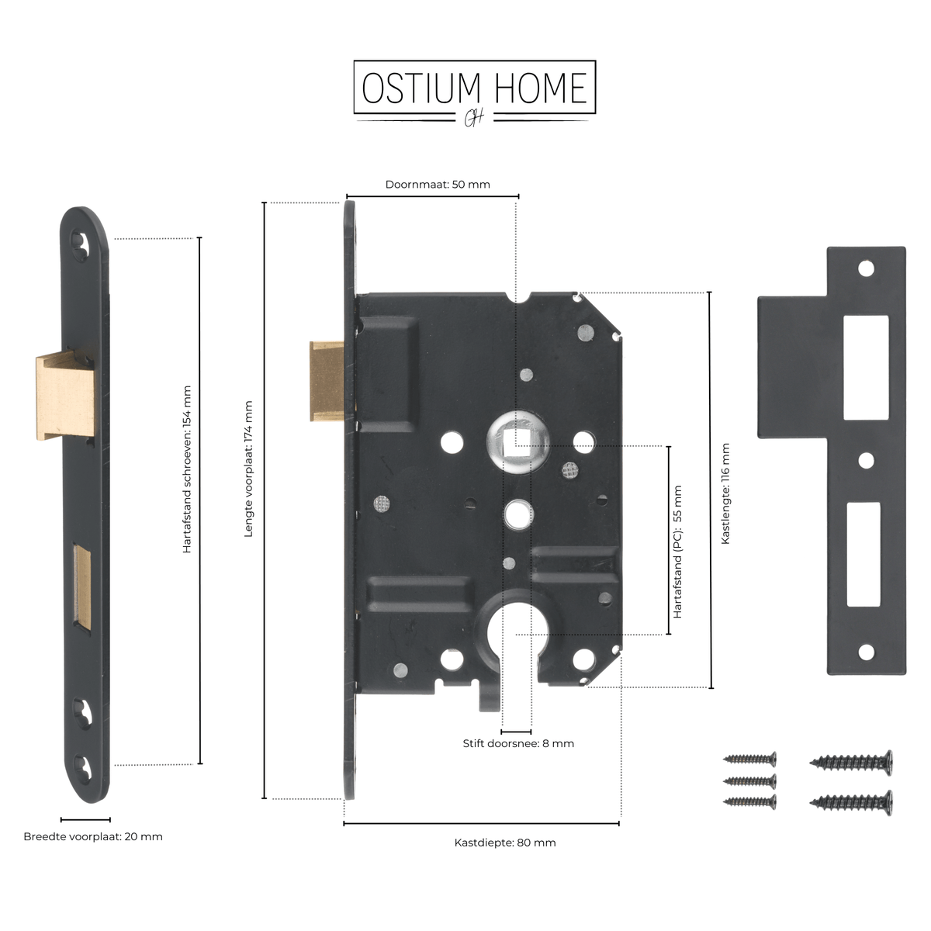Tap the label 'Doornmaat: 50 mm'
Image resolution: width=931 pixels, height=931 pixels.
coord(438,185)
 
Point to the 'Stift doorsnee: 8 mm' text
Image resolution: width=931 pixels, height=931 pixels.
coord(518,743)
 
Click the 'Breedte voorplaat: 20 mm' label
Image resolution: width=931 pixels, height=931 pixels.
coord(93,837)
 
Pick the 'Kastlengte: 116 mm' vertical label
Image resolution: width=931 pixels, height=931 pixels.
coord(725,493)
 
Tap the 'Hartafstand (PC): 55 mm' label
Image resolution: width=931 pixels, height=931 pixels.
coord(677,552)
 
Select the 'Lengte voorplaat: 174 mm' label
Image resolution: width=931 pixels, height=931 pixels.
coord(248,469)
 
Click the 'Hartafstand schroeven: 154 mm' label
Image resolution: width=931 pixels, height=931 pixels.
coord(187,469)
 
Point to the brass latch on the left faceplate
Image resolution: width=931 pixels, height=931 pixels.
coord(66,398)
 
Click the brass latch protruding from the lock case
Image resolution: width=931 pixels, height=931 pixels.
coord(327,382)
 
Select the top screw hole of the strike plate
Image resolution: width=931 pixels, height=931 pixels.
coord(866,268)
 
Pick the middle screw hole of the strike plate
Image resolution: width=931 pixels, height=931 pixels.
coord(866,461)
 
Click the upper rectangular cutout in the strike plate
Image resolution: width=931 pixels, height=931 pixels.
coord(866,368)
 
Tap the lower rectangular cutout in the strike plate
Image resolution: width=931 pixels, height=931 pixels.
coord(864,554)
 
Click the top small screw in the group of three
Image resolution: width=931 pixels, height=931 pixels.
coord(749,759)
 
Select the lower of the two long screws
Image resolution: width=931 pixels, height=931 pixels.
coord(851,803)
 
